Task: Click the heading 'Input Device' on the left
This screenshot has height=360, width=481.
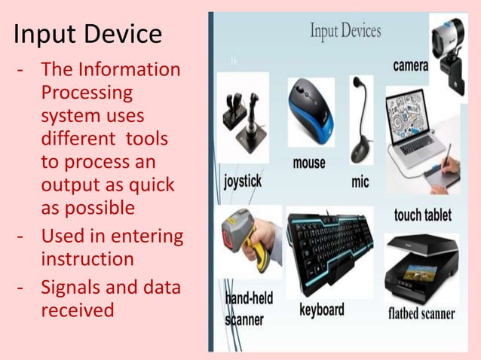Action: [x=88, y=34]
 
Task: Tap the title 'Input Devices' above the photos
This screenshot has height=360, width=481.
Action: [x=346, y=32]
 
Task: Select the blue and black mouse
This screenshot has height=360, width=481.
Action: [x=311, y=114]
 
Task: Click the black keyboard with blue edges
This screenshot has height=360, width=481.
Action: [x=332, y=252]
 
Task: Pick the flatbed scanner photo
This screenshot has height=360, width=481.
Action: [x=423, y=267]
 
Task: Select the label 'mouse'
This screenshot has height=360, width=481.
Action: [x=309, y=163]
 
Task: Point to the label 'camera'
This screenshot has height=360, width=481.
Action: [x=410, y=66]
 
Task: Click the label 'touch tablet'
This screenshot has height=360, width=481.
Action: [x=423, y=215]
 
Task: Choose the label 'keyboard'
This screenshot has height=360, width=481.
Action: [x=322, y=309]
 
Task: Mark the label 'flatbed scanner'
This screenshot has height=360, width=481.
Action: [x=421, y=313]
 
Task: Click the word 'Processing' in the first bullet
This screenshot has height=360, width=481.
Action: [x=85, y=94]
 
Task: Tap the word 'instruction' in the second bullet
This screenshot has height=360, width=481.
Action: [x=87, y=259]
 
